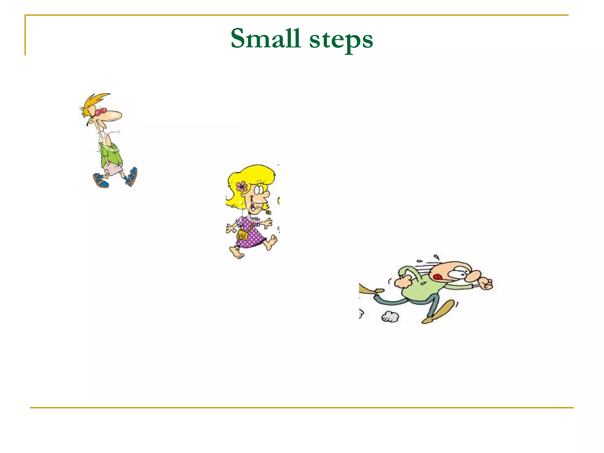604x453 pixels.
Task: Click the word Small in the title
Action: click(265, 39)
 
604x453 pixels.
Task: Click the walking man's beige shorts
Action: click(113, 170)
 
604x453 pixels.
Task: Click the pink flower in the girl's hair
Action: click(242, 186)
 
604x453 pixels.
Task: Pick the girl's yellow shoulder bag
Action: click(243, 235)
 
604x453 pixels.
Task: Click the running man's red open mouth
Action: click(437, 277)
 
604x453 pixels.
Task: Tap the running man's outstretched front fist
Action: click(485, 283)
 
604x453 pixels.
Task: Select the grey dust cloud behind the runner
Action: click(390, 317)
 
